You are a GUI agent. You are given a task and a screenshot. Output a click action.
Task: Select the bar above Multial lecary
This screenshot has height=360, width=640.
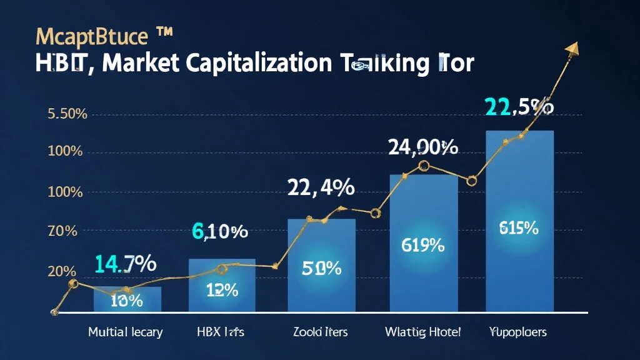pyautogui.click(x=127, y=299)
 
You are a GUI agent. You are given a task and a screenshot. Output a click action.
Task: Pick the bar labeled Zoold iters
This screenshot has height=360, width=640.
pyautogui.click(x=321, y=265)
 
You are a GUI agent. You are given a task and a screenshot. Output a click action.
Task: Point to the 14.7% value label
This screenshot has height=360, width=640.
pyautogui.click(x=125, y=264)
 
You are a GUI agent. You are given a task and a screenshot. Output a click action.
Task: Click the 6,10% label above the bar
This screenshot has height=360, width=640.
pyautogui.click(x=220, y=232)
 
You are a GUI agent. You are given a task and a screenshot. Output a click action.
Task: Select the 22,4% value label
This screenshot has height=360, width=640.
pyautogui.click(x=321, y=187)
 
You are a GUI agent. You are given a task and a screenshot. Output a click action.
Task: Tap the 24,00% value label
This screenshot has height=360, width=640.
pyautogui.click(x=423, y=147)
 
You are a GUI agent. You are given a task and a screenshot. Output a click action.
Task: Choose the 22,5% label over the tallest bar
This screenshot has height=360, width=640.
pyautogui.click(x=519, y=107)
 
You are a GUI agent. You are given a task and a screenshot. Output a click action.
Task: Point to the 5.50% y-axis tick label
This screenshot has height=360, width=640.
pyautogui.click(x=67, y=114)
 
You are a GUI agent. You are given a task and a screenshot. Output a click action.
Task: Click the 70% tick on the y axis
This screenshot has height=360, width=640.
pyautogui.click(x=62, y=231)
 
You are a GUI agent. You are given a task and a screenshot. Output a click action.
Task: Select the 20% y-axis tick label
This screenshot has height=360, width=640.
pyautogui.click(x=62, y=272)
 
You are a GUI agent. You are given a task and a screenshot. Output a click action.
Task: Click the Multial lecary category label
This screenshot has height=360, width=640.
pyautogui.click(x=125, y=332)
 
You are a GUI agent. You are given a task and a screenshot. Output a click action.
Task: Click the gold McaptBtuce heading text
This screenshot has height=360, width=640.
pyautogui.click(x=92, y=36)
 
